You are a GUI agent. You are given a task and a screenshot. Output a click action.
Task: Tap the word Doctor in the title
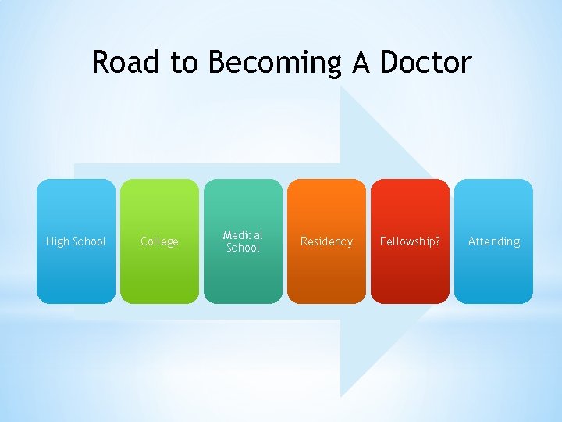[x=425, y=62]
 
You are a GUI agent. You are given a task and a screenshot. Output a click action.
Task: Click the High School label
[x=76, y=241]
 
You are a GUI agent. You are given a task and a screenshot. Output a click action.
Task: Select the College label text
[x=159, y=241]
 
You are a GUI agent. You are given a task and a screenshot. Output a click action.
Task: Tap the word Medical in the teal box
[x=243, y=234]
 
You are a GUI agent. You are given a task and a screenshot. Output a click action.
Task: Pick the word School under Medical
[x=243, y=248]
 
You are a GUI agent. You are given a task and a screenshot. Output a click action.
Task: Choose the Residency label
[x=326, y=241]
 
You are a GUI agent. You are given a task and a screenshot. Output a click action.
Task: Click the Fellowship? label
[x=410, y=241]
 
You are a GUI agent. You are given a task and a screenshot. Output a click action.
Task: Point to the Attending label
[x=493, y=241]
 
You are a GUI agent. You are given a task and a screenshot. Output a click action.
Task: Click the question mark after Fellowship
[x=437, y=241]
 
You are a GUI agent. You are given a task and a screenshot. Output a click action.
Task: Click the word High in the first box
[x=57, y=241]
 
